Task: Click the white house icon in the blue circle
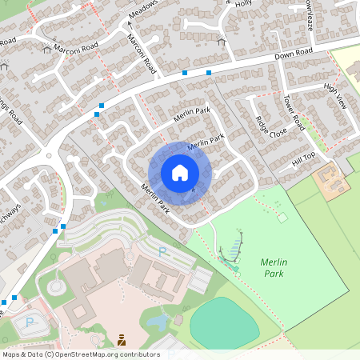tap(180, 173)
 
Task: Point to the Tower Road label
tap(294, 112)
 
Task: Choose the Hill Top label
tap(303, 159)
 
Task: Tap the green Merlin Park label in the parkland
tap(274, 267)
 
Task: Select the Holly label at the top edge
tap(243, 3)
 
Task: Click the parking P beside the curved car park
tap(162, 252)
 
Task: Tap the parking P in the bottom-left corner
tap(30, 322)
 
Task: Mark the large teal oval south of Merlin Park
tap(224, 322)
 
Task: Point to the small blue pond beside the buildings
tap(158, 322)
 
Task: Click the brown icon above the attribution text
tap(122, 340)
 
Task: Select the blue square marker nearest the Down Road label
tap(208, 73)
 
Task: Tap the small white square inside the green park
tap(282, 217)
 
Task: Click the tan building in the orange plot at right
tap(331, 178)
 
